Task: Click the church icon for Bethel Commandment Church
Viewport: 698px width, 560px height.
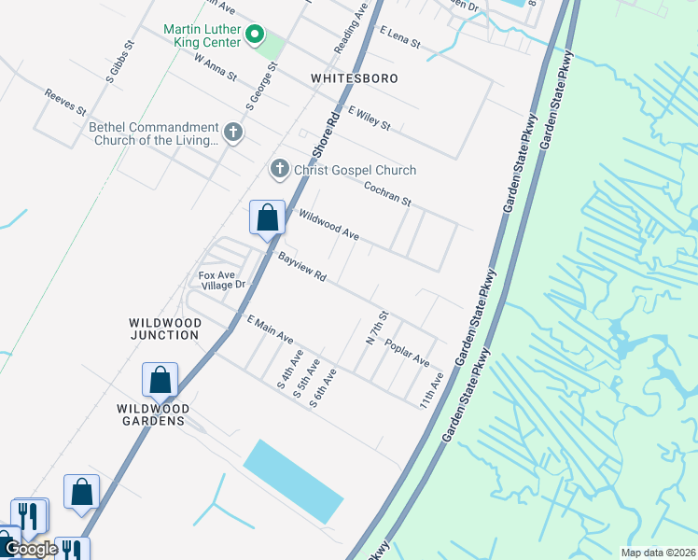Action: coord(232,133)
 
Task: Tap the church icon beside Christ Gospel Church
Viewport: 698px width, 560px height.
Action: coord(278,170)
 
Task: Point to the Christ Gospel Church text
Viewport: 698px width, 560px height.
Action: coord(355,170)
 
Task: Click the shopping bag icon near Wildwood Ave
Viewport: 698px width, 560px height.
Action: coord(267,217)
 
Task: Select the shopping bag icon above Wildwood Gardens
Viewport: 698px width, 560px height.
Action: coord(160,380)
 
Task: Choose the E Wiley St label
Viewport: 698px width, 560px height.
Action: coord(369,118)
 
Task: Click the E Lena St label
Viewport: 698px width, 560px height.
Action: coord(400,38)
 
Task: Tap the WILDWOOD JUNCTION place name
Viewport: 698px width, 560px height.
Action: coord(164,329)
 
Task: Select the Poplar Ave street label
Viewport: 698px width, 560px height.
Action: coord(407,352)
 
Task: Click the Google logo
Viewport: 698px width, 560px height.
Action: coord(31,549)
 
